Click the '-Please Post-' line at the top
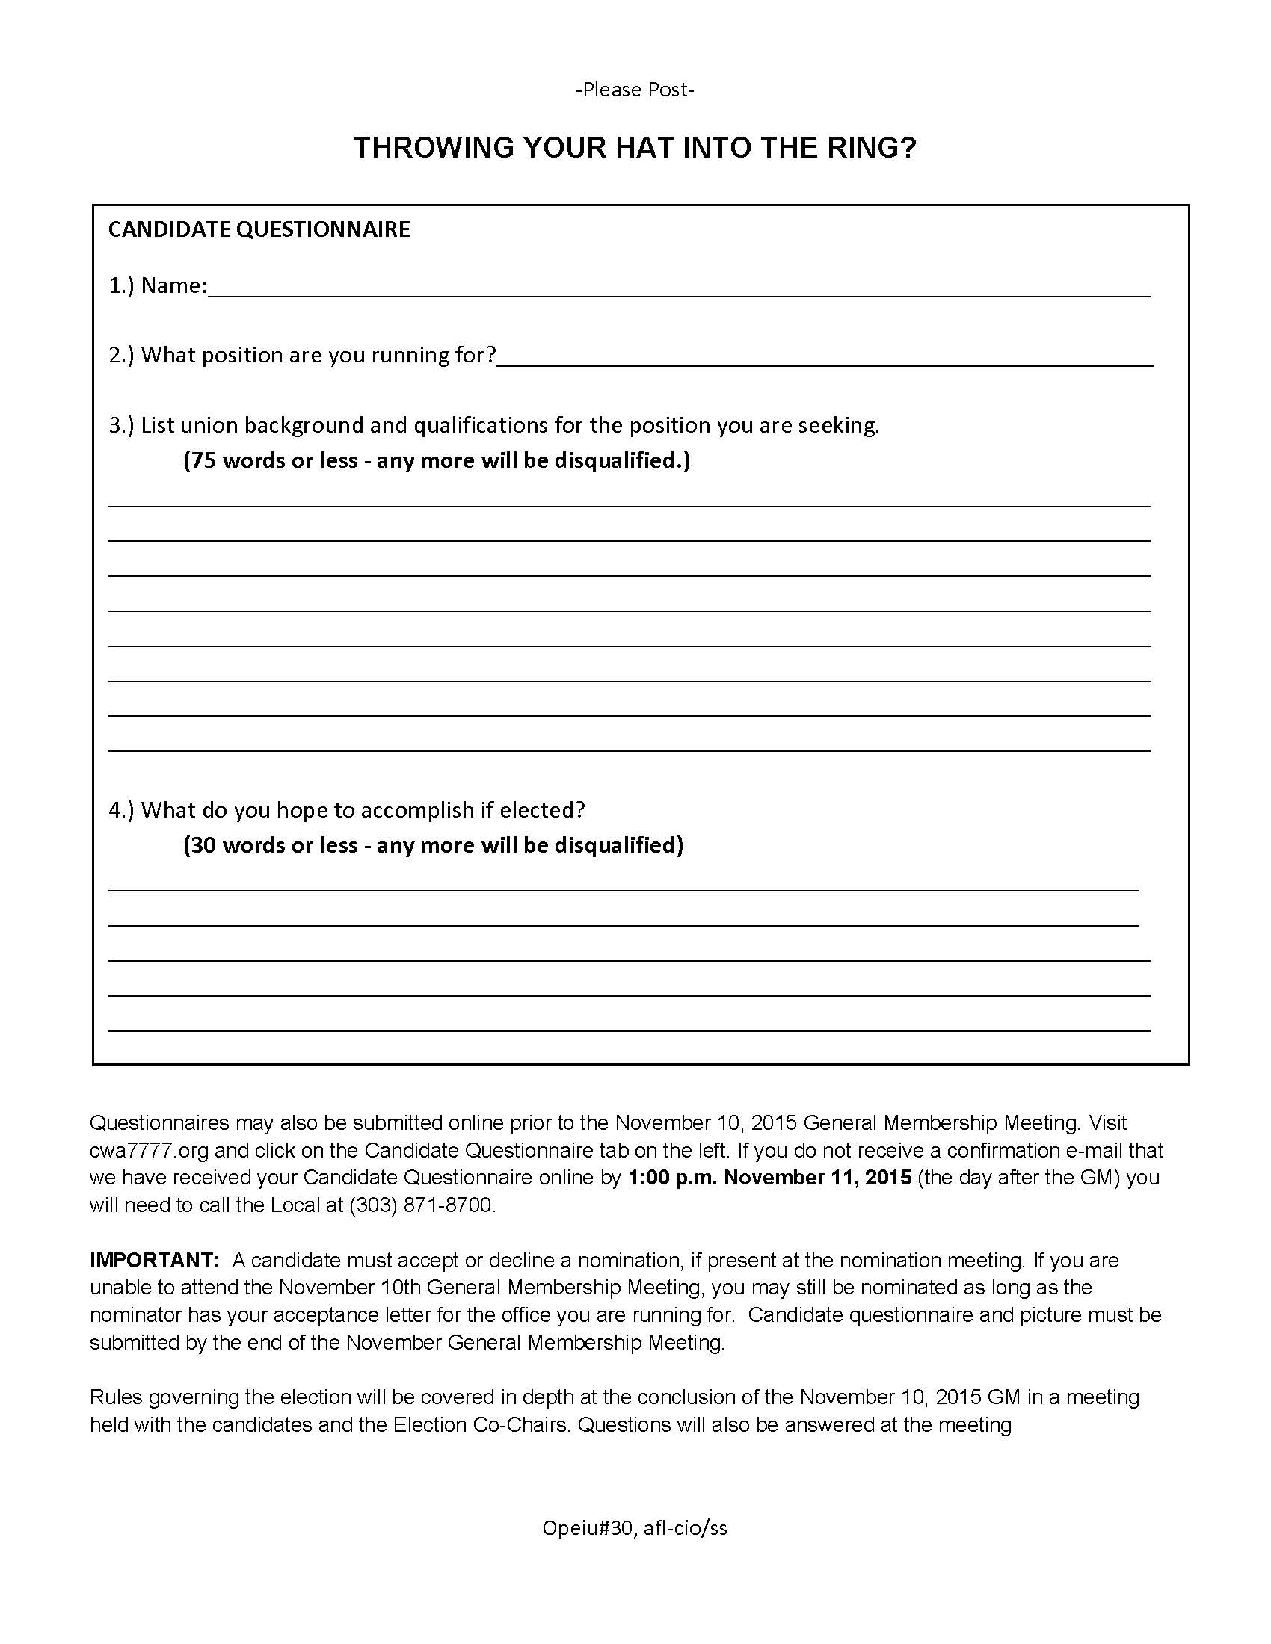pos(635,90)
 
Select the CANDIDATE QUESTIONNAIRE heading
pos(259,229)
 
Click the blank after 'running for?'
pos(825,358)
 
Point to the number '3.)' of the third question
pos(121,426)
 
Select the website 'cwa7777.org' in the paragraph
pos(149,1150)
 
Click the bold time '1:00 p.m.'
pos(671,1177)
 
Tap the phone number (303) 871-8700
pos(421,1205)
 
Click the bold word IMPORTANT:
pos(154,1260)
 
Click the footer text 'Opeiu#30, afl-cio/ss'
pos(635,1528)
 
